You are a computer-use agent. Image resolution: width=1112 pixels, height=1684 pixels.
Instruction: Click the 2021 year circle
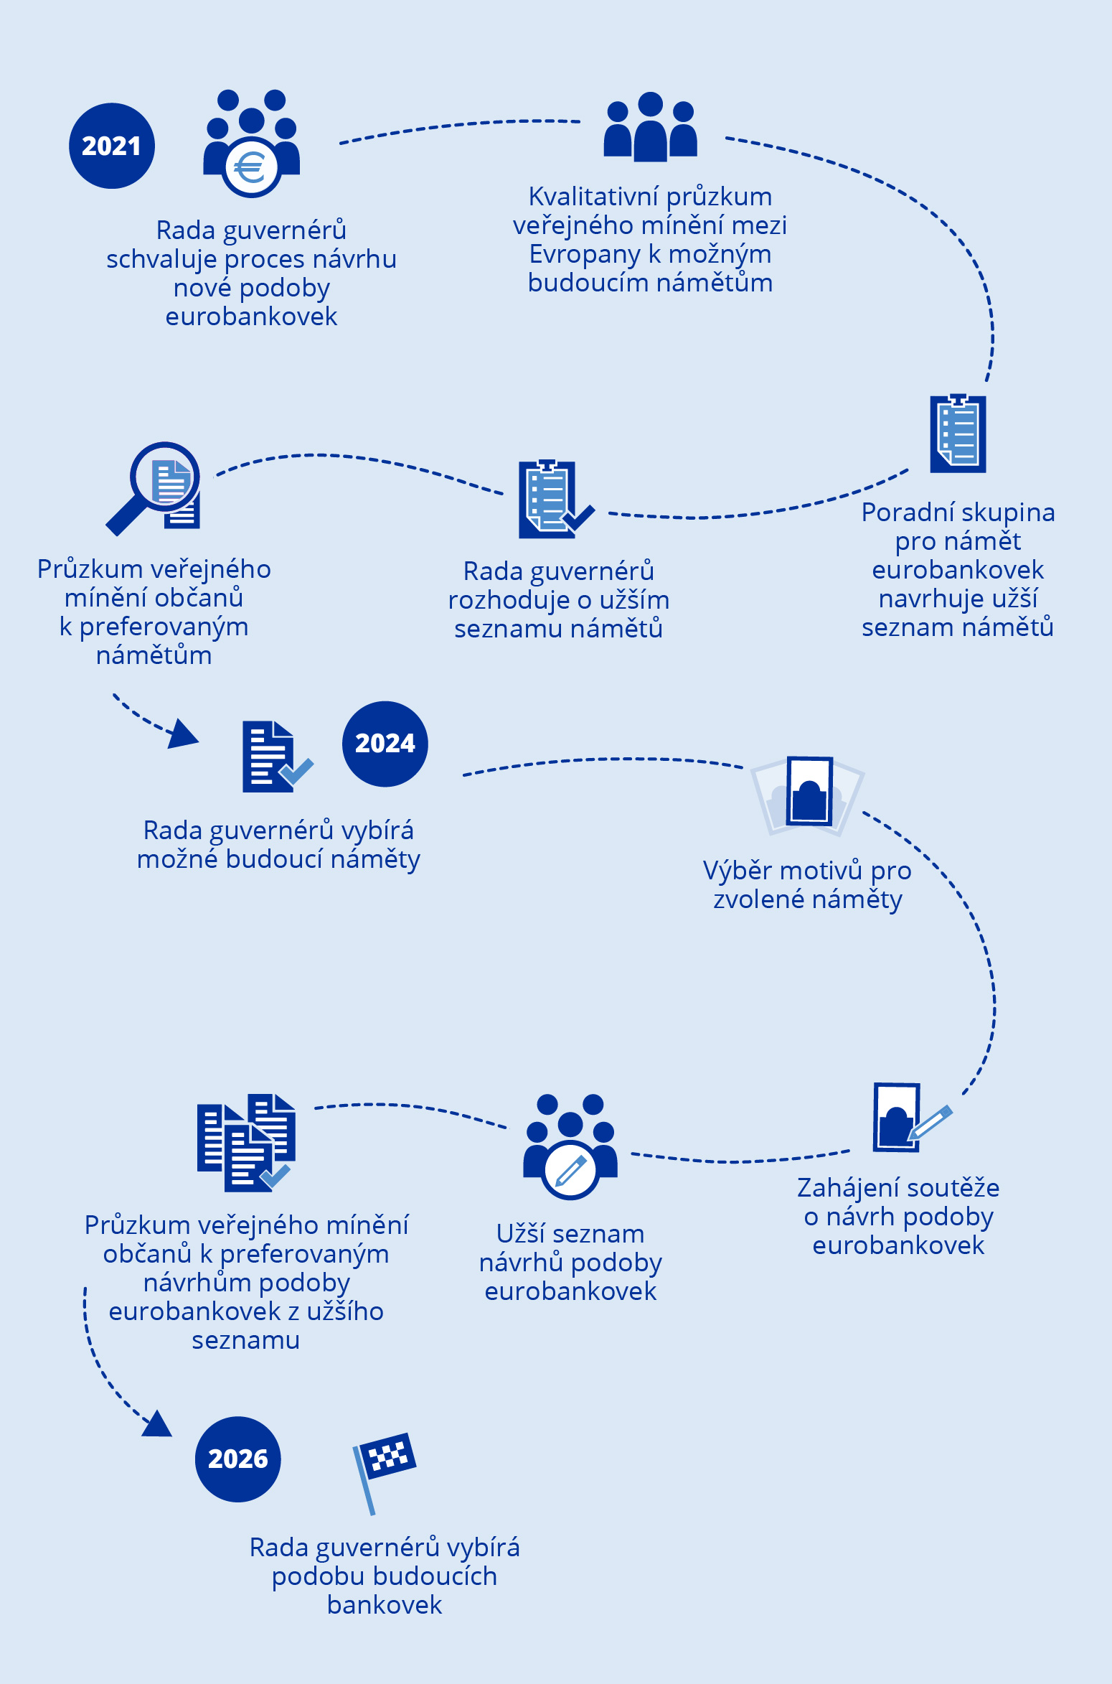coord(111,146)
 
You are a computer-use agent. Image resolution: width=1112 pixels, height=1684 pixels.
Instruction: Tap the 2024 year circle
coord(385,744)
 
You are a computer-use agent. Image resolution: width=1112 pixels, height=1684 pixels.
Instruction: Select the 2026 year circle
coord(237,1459)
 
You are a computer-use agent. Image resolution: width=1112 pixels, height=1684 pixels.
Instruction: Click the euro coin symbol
coord(250,169)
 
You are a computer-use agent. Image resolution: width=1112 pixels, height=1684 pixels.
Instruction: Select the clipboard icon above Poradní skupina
coord(958,434)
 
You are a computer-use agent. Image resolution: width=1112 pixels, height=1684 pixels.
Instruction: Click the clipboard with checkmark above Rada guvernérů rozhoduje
coord(552,500)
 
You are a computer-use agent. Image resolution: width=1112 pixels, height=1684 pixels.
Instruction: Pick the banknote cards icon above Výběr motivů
coord(808,794)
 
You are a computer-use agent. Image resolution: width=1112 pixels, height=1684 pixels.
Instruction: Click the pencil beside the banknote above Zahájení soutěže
coord(930,1123)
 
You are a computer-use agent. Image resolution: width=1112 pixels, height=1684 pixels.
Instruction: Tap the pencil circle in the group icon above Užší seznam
coord(570,1171)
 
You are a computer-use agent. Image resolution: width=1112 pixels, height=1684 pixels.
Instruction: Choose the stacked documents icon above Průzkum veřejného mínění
coord(246,1143)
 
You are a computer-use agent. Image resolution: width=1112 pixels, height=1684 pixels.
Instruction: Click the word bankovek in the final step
coord(385,1604)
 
